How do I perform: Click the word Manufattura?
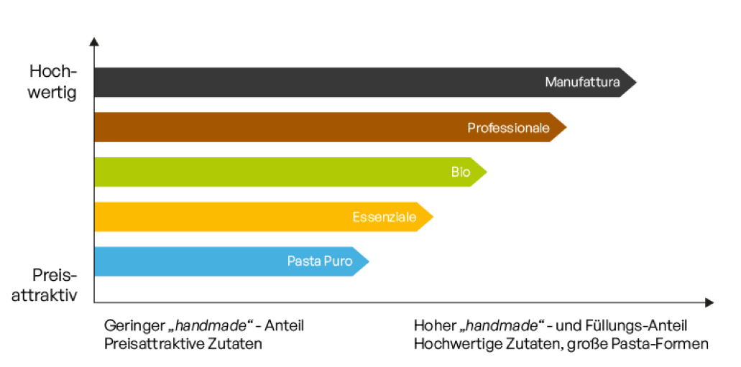click(x=582, y=82)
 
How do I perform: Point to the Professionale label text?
click(x=508, y=128)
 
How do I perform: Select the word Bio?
click(x=461, y=172)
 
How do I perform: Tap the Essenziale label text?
click(x=384, y=217)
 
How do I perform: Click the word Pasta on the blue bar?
click(x=303, y=261)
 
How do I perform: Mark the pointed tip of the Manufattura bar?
click(x=635, y=83)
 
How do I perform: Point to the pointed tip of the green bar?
click(x=486, y=172)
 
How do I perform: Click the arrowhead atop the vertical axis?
click(x=94, y=41)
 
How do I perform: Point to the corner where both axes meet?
click(x=94, y=303)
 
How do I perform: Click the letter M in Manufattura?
click(x=550, y=82)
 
